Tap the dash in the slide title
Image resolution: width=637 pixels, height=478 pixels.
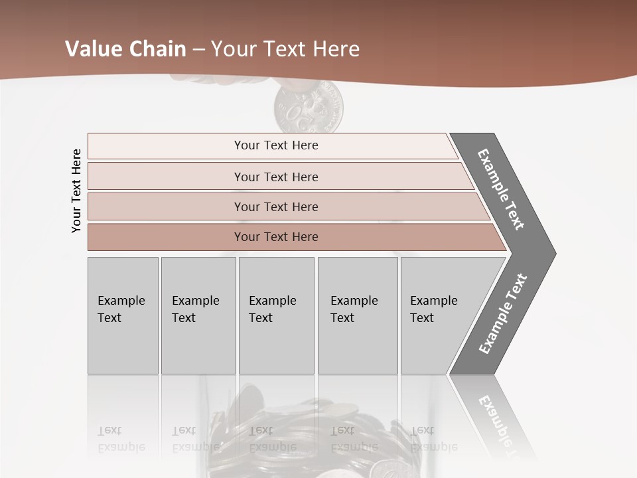coord(198,50)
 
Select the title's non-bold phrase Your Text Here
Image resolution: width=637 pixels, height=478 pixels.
coord(285,49)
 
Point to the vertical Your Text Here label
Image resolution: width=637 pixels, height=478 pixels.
coord(76,191)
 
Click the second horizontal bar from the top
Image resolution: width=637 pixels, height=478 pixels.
coord(275,177)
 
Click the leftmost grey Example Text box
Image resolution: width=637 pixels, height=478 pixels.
coord(123,315)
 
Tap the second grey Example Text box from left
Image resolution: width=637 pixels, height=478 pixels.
coord(198,315)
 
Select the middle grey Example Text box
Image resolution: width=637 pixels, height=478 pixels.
coord(276,315)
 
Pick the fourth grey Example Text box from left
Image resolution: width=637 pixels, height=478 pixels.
coord(358,315)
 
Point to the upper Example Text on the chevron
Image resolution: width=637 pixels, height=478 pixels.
coord(501,189)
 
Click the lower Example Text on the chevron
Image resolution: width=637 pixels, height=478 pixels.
coord(502,314)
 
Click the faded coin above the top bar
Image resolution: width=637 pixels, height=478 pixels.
coord(310,108)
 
